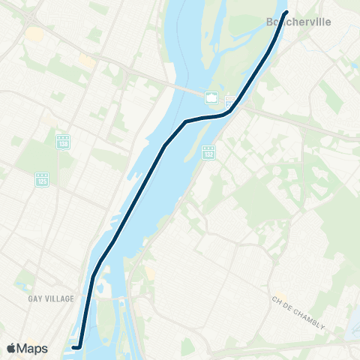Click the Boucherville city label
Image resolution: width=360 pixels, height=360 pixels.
tap(298, 22)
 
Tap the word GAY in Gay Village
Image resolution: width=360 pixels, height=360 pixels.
tap(35, 298)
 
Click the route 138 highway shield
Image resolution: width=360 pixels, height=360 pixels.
tap(63, 141)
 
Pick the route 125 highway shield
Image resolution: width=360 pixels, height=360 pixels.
tap(42, 179)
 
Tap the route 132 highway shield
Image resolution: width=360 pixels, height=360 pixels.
tap(208, 151)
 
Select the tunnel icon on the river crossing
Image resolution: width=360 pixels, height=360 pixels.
tap(212, 97)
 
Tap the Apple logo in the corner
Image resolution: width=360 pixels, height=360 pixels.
tap(11, 348)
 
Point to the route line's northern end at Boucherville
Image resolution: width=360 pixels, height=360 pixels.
tap(287, 12)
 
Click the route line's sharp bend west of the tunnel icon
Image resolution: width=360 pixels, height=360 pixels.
tap(185, 121)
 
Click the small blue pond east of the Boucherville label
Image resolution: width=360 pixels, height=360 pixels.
tap(352, 65)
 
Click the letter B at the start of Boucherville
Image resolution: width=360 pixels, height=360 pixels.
tap(270, 22)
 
